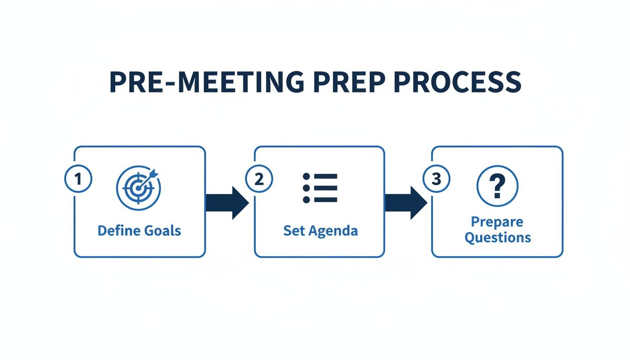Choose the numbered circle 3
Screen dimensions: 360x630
coord(436,180)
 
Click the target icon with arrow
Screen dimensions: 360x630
coord(138,187)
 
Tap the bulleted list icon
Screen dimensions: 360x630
coord(320,187)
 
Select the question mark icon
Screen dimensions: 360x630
coord(497,186)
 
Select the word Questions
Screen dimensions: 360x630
coord(497,237)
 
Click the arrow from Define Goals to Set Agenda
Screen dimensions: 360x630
coord(227,202)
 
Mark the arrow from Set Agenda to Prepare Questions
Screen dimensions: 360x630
coord(405,202)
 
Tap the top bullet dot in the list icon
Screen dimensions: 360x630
coord(307,176)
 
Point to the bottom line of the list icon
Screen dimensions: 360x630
coord(325,200)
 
